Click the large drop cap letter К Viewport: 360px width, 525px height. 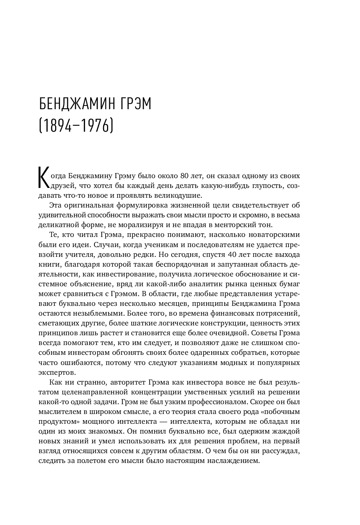43,178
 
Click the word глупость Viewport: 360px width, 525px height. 265,186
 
